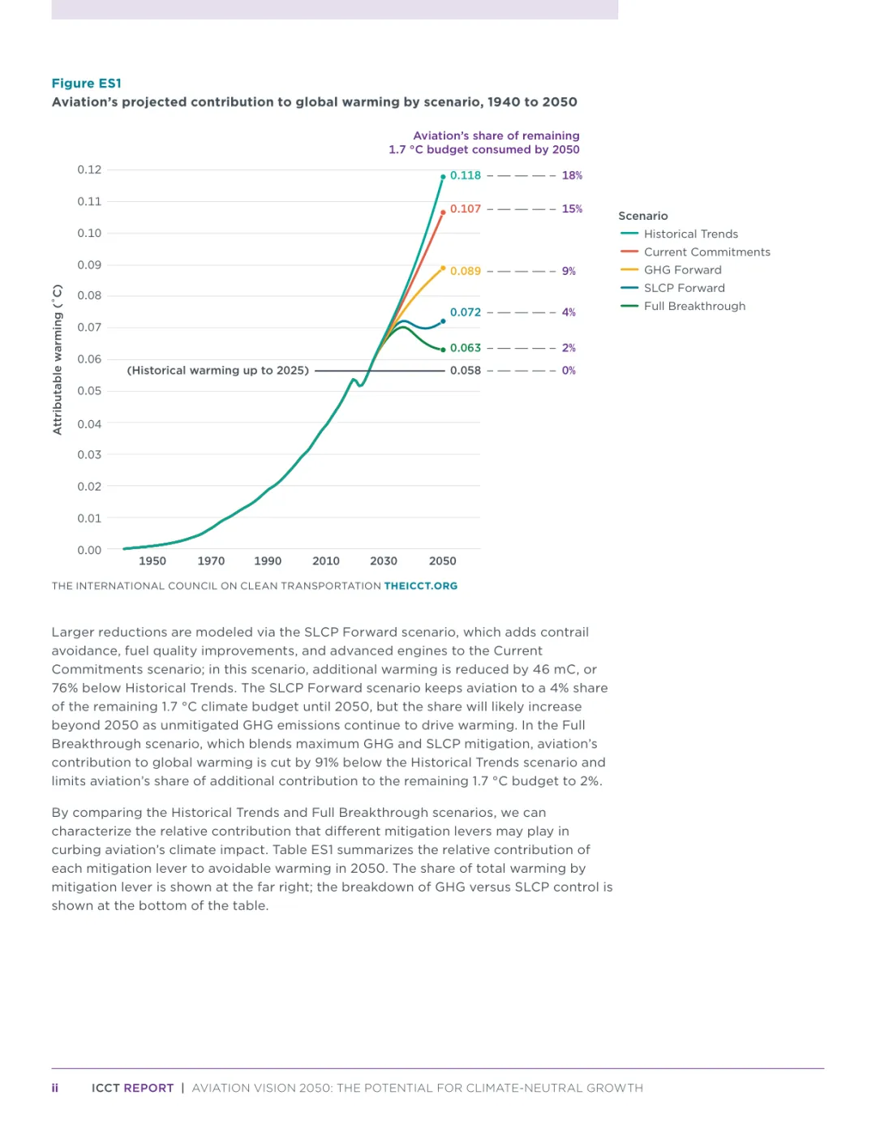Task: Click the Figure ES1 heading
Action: pos(86,84)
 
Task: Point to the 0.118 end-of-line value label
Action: pos(466,175)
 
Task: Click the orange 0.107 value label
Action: pos(466,208)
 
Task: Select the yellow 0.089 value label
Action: pos(466,271)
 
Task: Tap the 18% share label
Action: pos(572,175)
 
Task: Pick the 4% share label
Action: pos(569,312)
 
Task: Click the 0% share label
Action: pos(569,371)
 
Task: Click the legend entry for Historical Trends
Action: pos(690,234)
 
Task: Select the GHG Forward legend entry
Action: pos(682,270)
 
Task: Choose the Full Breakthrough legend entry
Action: pos(694,306)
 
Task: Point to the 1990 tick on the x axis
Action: pos(268,561)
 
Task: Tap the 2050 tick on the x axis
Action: pos(442,561)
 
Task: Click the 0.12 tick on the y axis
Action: pos(89,170)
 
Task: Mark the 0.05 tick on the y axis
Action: pos(89,391)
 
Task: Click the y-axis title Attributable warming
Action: pos(58,360)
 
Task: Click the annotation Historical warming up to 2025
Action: pos(218,371)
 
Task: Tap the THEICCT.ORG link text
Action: pos(420,586)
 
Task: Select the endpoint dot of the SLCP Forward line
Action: pos(443,321)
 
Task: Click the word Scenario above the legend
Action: pos(643,216)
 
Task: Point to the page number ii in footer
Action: pos(55,1088)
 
